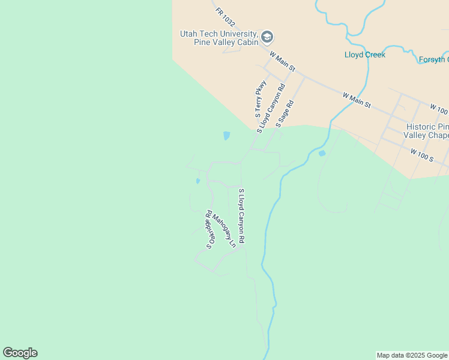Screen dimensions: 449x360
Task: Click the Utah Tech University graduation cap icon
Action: [268, 38]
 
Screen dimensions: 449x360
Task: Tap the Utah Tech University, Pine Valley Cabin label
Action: [219, 38]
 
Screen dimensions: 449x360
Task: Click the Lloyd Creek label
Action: [364, 55]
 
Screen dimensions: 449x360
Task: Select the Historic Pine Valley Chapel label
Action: [427, 131]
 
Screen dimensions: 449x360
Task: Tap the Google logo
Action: [20, 353]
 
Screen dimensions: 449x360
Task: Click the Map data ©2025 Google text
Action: [412, 355]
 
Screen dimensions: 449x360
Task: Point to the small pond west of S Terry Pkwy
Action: [226, 136]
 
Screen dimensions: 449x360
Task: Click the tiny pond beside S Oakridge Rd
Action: [197, 181]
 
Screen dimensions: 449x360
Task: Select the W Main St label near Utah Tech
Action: [283, 62]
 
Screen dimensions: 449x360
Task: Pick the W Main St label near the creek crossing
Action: [357, 100]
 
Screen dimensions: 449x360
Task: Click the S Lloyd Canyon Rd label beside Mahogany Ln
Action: [241, 216]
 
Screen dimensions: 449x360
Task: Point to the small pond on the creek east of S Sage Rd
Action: [322, 153]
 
